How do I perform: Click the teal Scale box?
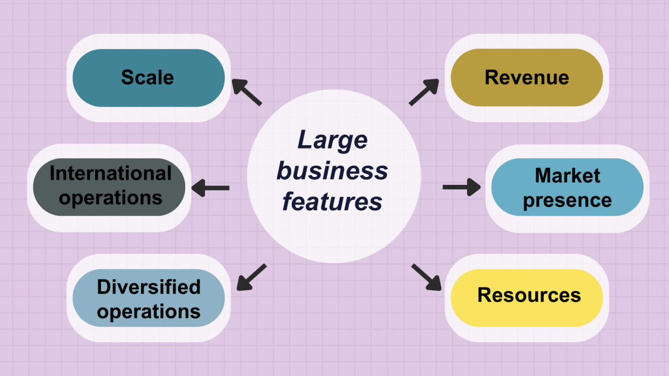click(148, 78)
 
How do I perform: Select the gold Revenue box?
click(526, 78)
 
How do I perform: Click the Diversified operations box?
click(148, 298)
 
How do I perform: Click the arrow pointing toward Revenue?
click(423, 92)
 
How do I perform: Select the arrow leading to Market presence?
click(461, 187)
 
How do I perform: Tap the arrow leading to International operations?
click(211, 187)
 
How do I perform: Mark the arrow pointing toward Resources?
click(426, 277)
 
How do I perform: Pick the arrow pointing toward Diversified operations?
click(251, 277)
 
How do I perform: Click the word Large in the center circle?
click(332, 140)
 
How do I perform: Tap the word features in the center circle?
click(332, 202)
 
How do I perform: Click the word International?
click(110, 173)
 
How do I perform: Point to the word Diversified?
click(149, 286)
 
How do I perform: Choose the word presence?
click(567, 200)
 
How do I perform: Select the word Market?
click(567, 175)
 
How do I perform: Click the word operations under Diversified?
click(149, 312)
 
